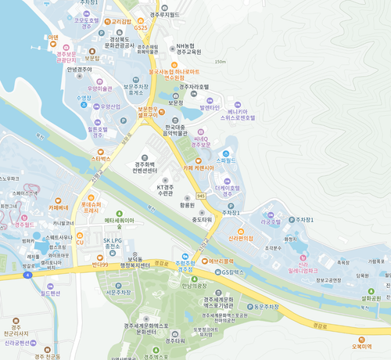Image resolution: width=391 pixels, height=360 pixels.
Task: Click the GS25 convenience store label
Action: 141,27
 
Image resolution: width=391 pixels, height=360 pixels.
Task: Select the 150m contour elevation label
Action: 220,62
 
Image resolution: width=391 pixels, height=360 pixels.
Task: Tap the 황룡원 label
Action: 186,203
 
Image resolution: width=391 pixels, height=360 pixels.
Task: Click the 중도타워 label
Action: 203,220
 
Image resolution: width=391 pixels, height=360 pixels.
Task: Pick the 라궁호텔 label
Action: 271,221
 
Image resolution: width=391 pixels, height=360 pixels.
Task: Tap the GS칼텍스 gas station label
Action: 234,272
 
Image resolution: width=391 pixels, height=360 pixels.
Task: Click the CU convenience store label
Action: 79,243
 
